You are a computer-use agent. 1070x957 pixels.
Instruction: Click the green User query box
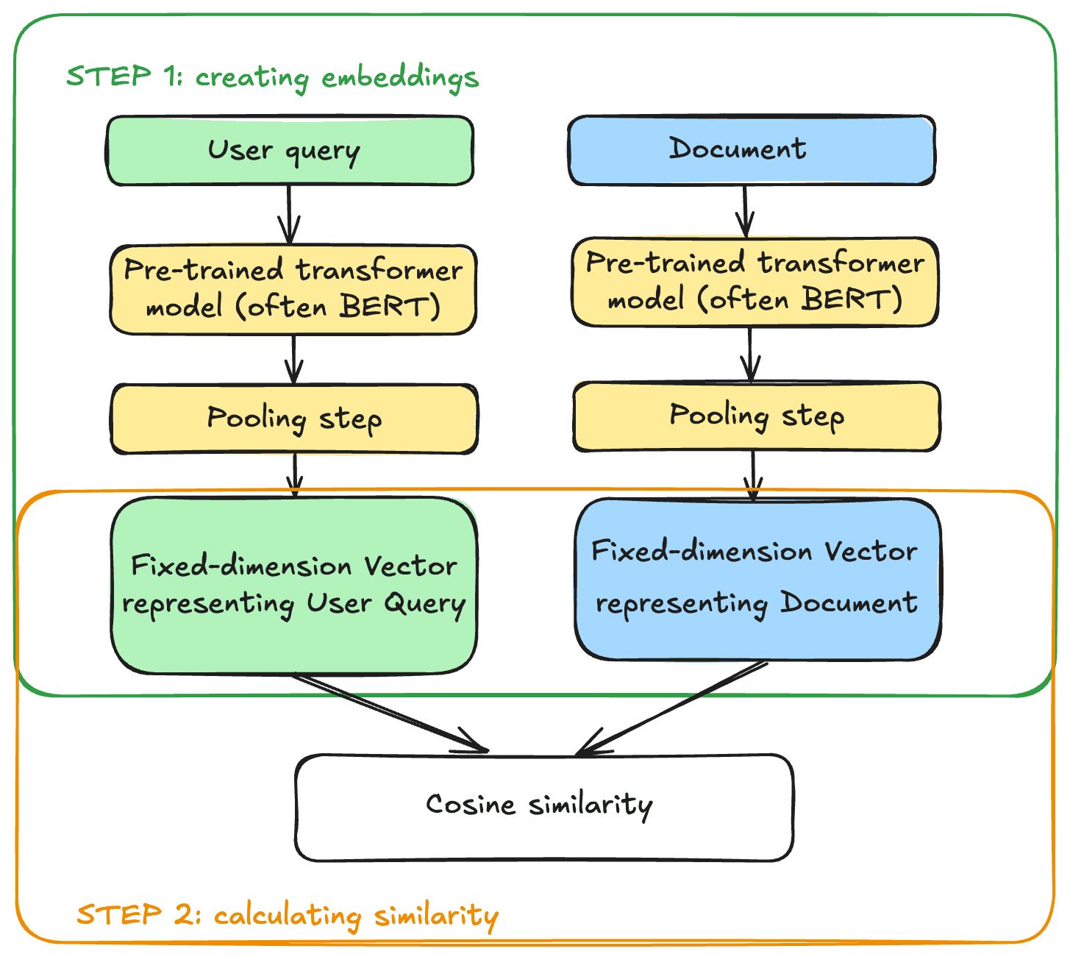point(290,151)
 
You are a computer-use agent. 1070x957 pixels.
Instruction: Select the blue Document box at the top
point(751,150)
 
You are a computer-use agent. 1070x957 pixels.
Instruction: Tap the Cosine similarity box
point(544,808)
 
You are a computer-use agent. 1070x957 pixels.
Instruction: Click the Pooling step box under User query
point(294,419)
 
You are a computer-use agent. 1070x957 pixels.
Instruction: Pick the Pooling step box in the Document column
point(756,416)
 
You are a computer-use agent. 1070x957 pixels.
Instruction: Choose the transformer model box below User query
point(293,290)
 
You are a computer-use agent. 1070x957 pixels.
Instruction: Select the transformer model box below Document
point(755,282)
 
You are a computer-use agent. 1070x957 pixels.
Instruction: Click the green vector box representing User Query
point(294,586)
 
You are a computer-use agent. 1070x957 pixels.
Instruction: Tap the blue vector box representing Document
point(758,580)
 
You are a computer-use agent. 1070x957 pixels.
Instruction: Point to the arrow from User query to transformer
point(289,215)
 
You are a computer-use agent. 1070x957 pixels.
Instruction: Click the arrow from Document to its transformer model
point(745,211)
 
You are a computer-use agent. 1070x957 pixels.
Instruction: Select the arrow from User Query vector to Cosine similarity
point(390,713)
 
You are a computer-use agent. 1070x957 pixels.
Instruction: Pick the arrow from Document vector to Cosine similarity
point(671,708)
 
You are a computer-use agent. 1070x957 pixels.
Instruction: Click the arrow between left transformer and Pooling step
point(293,360)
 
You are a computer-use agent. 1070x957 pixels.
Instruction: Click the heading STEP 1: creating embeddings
point(273,77)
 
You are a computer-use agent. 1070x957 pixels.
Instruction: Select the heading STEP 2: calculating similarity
point(288,915)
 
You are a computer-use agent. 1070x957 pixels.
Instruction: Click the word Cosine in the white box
point(470,805)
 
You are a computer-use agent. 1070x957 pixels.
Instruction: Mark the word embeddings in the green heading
point(400,78)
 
